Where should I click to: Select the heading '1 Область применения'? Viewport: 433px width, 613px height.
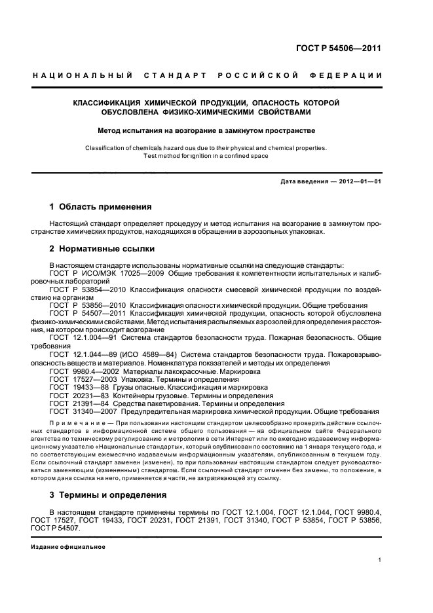click(101, 206)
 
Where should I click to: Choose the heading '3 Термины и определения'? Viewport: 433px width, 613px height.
click(108, 494)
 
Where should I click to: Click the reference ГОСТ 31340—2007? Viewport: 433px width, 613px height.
click(85, 411)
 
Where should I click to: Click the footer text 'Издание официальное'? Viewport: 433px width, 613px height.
click(68, 546)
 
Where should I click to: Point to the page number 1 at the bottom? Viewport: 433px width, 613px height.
click(380, 560)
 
